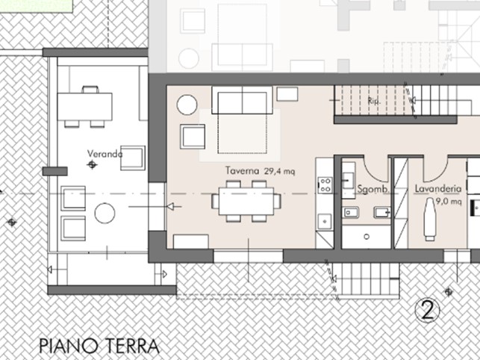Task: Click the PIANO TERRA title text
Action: (x=99, y=347)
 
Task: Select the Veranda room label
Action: (x=105, y=154)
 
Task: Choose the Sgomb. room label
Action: (x=371, y=190)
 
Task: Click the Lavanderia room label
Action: (x=437, y=190)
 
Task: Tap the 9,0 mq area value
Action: (x=449, y=201)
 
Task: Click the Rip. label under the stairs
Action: (x=375, y=99)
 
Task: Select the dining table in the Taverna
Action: (x=246, y=201)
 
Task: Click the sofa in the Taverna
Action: (x=242, y=99)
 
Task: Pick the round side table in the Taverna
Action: (x=187, y=104)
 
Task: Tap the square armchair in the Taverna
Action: (x=193, y=136)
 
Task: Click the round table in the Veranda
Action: (x=104, y=214)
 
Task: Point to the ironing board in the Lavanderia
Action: (x=429, y=220)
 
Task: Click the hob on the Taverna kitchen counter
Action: (x=325, y=184)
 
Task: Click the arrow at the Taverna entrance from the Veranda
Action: (x=169, y=206)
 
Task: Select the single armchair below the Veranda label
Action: (x=133, y=158)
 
